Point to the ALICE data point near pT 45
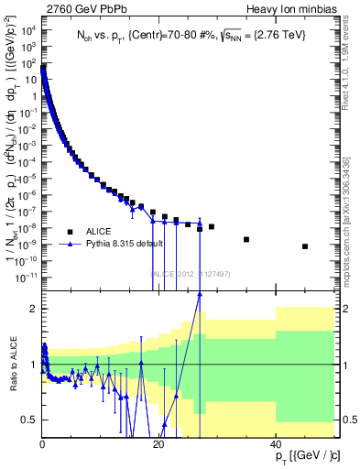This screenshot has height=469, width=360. point(305,246)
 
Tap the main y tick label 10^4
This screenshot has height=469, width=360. point(28,29)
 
